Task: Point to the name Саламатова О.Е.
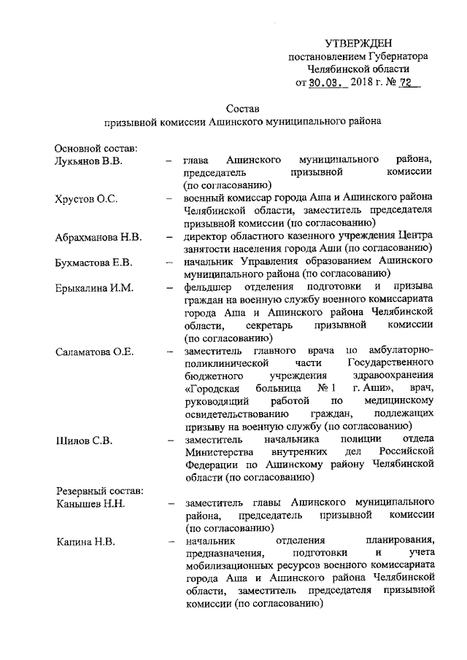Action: [x=95, y=352]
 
